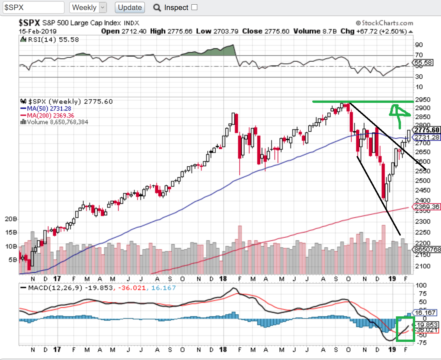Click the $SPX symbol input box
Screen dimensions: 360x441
(x=33, y=7)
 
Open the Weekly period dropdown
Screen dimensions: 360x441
(x=88, y=7)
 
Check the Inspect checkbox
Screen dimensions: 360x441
(x=194, y=7)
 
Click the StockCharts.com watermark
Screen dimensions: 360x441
(x=384, y=23)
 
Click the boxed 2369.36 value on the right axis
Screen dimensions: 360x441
(x=426, y=207)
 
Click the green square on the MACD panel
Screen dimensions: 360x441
(x=405, y=329)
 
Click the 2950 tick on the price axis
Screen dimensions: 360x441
(x=423, y=100)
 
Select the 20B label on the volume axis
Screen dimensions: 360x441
(x=11, y=219)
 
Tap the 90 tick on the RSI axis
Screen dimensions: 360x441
(x=419, y=45)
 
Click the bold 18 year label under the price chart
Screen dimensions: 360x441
(x=223, y=279)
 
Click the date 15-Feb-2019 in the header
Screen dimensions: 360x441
(x=38, y=31)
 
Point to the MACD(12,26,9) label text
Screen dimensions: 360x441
(x=55, y=288)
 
